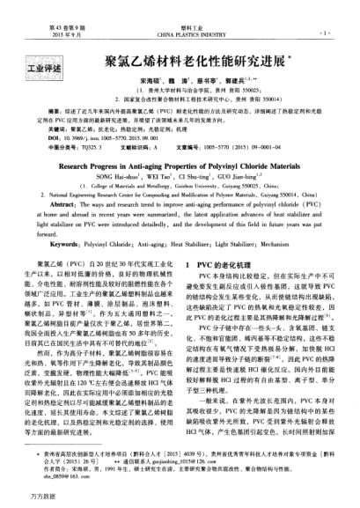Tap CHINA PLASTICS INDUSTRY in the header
pyautogui.click(x=180, y=15)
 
